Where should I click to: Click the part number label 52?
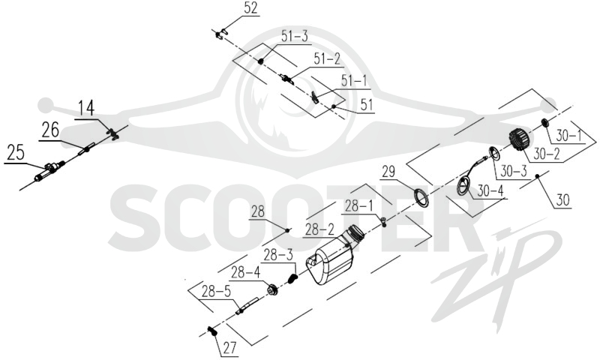pos(250,8)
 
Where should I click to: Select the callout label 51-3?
pos(294,37)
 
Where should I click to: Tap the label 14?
pos(86,108)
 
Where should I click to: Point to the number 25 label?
pos(16,153)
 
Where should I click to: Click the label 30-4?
pos(490,190)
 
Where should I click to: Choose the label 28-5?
pos(216,292)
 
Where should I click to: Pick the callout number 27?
pos(229,348)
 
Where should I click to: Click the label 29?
pos(388,172)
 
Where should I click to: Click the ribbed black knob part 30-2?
pos(520,140)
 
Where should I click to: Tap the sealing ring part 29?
pos(423,197)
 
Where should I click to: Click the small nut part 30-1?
pos(545,123)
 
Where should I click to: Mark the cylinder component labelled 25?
pos(48,172)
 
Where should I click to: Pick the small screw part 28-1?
pos(383,221)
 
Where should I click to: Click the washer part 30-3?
pos(494,154)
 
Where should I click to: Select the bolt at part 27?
pos(212,331)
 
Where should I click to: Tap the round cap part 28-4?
pos(272,289)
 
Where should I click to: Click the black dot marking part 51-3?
pos(261,61)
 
